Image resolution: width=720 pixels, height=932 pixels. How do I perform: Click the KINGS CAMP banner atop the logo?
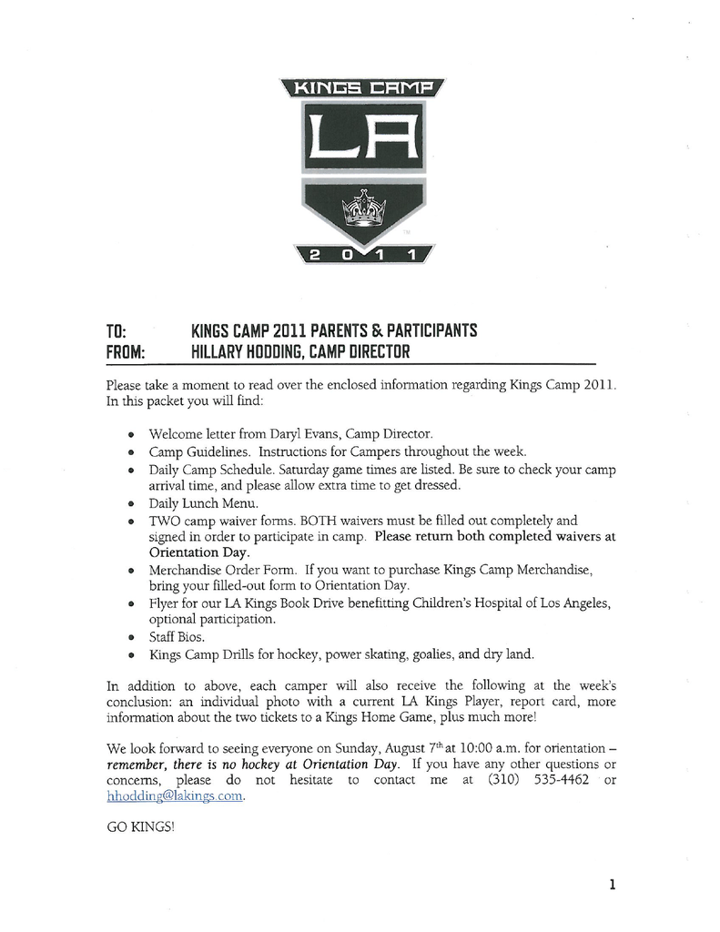tap(363, 88)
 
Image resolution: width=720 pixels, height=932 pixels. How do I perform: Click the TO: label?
tap(116, 330)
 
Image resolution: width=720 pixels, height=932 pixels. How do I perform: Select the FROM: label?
tap(127, 351)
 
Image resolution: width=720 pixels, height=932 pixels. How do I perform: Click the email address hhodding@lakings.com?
tap(176, 795)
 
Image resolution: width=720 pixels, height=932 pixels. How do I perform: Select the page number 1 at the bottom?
tap(613, 883)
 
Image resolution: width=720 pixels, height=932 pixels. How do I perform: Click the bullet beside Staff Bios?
tap(133, 638)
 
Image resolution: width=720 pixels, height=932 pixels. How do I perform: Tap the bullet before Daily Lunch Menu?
tap(133, 503)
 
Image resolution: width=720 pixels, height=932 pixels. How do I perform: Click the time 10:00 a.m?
tap(491, 748)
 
